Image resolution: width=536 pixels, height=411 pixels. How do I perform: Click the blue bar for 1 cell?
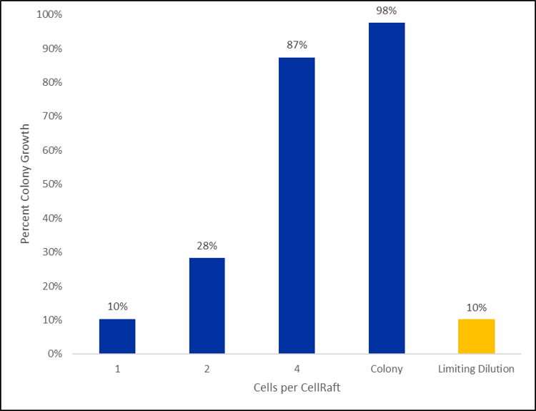117,336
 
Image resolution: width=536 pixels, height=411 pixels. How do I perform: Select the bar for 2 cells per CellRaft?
207,305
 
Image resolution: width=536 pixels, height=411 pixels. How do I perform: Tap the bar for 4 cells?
297,205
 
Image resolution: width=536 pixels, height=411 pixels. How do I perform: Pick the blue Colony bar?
387,188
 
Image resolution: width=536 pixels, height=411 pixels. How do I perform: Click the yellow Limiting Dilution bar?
477,336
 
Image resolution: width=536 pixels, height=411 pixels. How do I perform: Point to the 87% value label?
297,45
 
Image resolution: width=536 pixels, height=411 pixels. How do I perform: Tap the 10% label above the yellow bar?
477,307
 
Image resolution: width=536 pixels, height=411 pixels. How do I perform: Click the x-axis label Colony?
387,369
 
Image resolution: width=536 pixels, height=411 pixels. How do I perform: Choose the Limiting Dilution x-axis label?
477,369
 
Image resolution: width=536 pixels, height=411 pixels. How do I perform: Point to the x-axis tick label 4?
297,369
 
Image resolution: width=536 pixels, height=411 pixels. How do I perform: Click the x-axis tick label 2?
207,369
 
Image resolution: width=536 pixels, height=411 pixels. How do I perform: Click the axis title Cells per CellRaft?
297,387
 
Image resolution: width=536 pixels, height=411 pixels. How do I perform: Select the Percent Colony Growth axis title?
26,184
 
